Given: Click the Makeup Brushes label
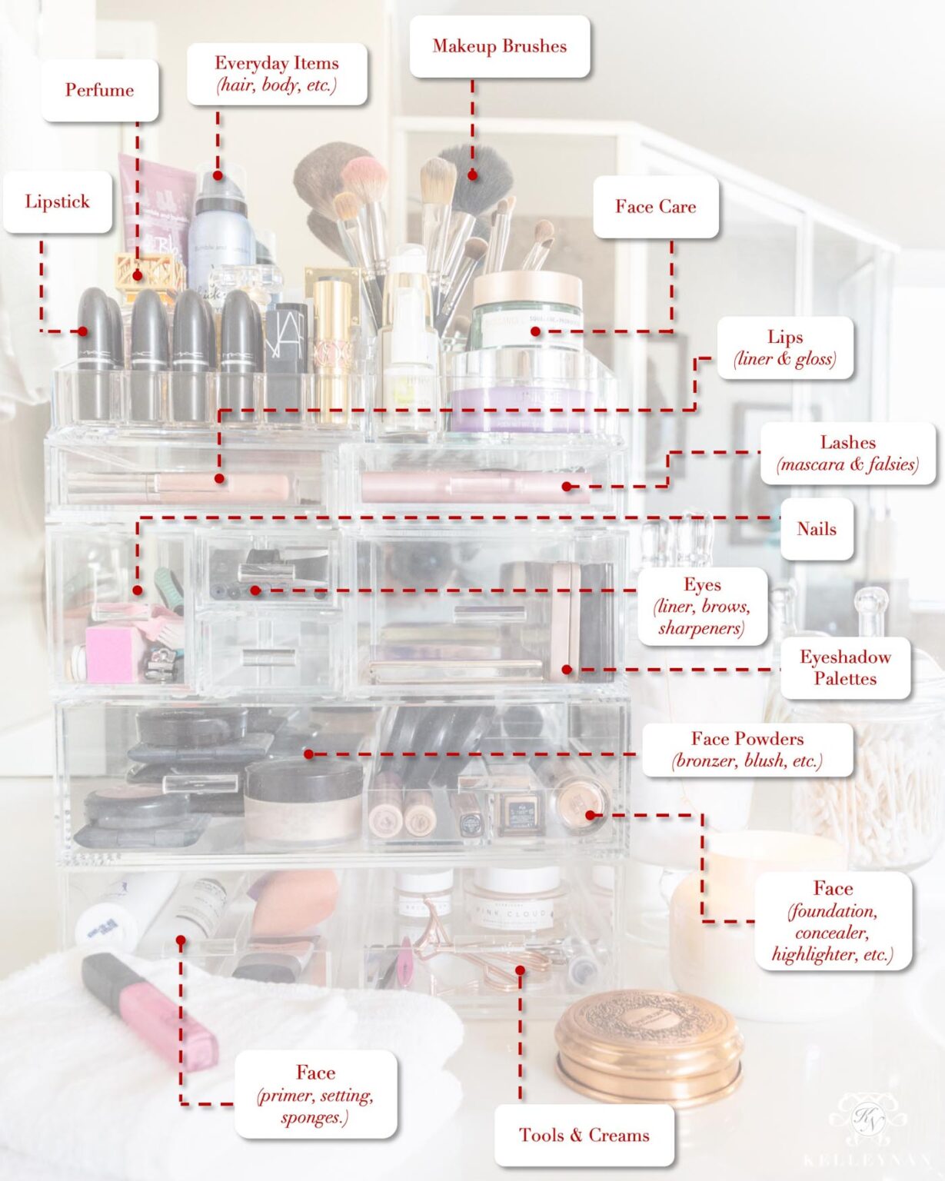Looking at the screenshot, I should pos(499,46).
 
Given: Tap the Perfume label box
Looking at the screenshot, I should pos(99,90).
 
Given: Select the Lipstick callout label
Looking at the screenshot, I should pos(57,201).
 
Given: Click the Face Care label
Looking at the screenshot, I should pos(655,206).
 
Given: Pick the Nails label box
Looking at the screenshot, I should pos(816,529).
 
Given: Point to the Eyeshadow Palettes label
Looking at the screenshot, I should pos(844,667).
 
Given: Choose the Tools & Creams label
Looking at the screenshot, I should pos(584,1135).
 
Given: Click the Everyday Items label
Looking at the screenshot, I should pos(276,73).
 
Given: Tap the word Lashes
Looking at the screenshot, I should pos(847,442).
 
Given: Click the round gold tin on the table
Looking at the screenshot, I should pos(648,1046).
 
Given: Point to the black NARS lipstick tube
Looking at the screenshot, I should pos(286,346).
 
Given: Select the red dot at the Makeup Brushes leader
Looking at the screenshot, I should pos(472,175).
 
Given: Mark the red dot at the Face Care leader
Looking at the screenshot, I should pos(535,331).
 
